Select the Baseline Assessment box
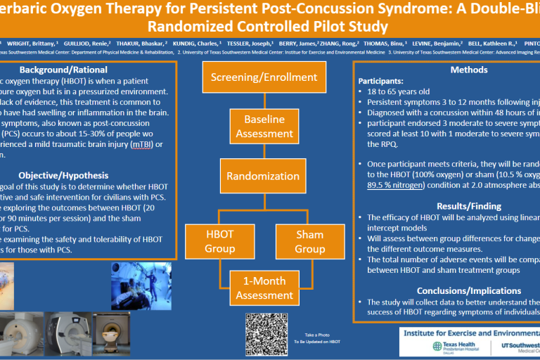click(254, 126)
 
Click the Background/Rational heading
click(63, 70)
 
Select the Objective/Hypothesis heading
click(63, 174)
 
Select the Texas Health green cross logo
click(439, 346)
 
